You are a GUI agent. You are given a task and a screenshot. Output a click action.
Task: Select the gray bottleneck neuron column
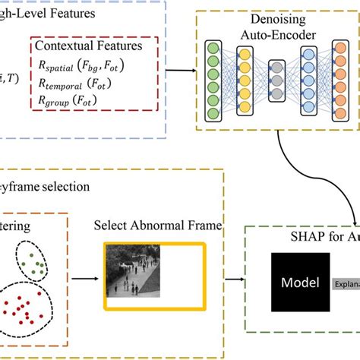(x=276, y=84)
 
